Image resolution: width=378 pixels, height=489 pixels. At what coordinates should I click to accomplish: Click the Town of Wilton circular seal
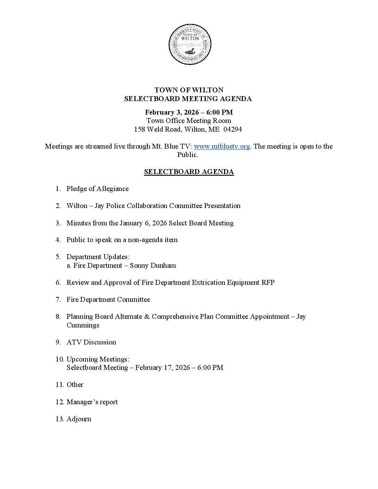pyautogui.click(x=190, y=44)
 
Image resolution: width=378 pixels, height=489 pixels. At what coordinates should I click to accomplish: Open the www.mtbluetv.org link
pyautogui.click(x=222, y=146)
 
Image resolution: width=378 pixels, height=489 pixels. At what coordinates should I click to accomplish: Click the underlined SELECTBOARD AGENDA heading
pyautogui.click(x=189, y=172)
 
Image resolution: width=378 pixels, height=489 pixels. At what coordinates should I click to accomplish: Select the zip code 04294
pyautogui.click(x=233, y=130)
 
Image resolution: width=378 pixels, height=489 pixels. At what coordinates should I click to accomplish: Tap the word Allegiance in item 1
pyautogui.click(x=112, y=189)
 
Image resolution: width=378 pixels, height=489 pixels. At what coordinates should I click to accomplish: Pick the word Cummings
pyautogui.click(x=83, y=325)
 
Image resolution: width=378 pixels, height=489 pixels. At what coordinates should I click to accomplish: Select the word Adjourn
pyautogui.click(x=79, y=419)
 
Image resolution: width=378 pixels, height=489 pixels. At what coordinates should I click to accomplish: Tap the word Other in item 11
pyautogui.click(x=75, y=385)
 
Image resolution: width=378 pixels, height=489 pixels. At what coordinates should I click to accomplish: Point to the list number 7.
pyautogui.click(x=58, y=300)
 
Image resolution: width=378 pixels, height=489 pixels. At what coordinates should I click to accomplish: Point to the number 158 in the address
pyautogui.click(x=140, y=130)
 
